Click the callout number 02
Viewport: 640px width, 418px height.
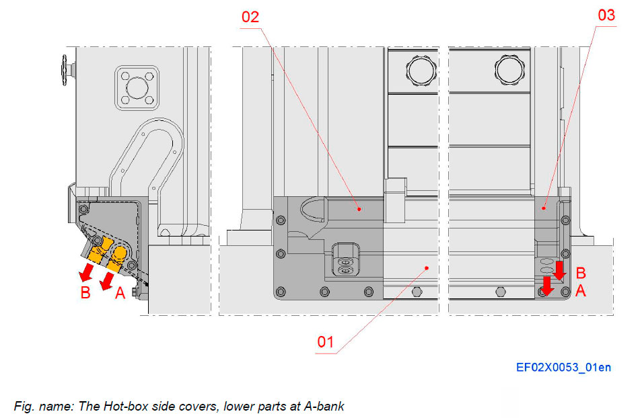point(250,17)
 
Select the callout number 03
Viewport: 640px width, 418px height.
point(606,15)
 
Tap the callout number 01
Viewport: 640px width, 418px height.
point(326,341)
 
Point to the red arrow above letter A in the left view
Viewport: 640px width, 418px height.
point(106,282)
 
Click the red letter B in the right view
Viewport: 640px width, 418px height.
point(581,273)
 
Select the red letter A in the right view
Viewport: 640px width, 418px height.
point(581,291)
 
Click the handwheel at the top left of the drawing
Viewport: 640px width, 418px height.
point(65,69)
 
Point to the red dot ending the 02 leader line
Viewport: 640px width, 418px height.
point(360,209)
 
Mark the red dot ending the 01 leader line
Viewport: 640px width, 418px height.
point(426,267)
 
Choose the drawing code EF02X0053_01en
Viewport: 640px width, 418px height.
point(564,367)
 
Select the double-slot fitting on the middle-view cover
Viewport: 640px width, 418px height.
point(345,259)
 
